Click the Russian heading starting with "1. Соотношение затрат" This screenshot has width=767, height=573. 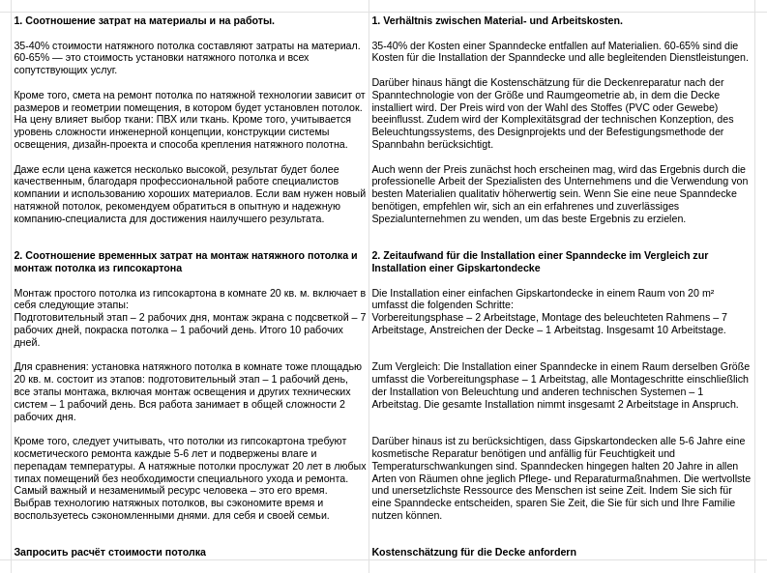144,20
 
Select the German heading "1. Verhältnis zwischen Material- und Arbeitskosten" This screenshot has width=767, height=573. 497,20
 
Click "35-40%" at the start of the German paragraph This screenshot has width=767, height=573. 390,45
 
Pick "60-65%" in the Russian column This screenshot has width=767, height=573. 32,58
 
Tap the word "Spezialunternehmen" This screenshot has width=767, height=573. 420,218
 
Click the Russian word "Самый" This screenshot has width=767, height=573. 35,491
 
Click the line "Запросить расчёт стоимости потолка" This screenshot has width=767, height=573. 109,552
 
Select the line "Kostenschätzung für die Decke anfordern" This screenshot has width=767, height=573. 474,552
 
